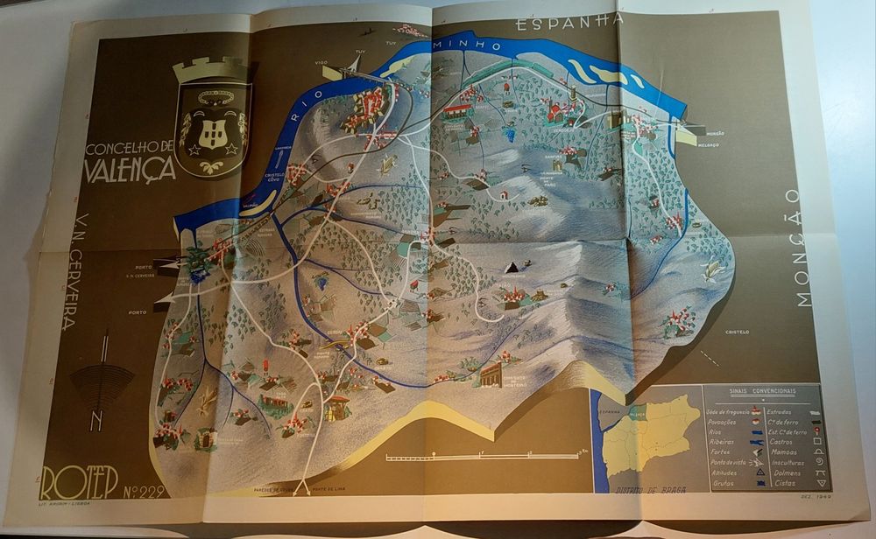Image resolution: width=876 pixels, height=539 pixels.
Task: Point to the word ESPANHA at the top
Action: tap(570, 20)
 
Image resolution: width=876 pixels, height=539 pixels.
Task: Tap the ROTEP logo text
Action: tap(79, 483)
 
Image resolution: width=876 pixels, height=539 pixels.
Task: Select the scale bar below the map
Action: tap(482, 455)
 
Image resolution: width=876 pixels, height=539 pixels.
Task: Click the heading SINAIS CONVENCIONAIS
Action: tap(762, 391)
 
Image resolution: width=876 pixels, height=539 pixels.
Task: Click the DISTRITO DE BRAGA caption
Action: tap(649, 489)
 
